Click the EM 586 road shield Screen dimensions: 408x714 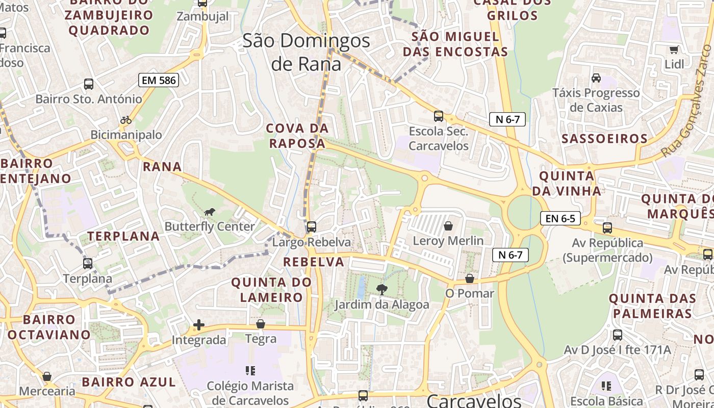point(158,80)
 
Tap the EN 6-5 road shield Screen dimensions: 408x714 point(560,219)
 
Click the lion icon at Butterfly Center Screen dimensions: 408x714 point(209,212)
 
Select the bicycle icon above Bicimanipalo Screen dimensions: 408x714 point(126,120)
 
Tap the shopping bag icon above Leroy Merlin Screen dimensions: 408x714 point(448,226)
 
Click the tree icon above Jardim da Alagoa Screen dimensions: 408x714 point(381,290)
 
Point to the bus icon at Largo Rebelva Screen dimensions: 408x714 point(311,227)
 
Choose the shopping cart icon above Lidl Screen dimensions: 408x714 point(674,49)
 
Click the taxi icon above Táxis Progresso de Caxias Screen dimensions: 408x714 point(596,78)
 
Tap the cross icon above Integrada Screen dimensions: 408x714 point(199,325)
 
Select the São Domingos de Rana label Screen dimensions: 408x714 point(306,52)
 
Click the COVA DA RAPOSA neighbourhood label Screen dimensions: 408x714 point(297,136)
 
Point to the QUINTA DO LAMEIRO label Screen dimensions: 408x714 point(271,289)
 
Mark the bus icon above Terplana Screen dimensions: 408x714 point(88,264)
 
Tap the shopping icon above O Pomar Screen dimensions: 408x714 point(470,279)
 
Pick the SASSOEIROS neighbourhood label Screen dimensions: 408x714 point(604,139)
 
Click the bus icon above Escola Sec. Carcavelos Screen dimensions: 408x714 point(438,116)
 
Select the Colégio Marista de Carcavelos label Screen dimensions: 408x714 point(250,393)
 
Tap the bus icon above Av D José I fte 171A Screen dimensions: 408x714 point(617,335)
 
